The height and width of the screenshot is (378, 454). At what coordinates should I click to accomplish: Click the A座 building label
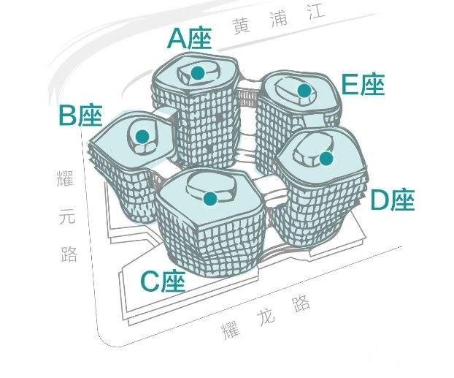190,39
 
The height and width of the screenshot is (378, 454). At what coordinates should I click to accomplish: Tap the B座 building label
80,116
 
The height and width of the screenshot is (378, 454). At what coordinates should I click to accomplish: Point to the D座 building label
393,200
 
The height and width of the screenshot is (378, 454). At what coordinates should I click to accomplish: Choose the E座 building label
363,84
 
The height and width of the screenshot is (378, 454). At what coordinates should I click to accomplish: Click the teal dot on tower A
198,72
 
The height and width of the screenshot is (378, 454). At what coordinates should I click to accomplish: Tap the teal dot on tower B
142,136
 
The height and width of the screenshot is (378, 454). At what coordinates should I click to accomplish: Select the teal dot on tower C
210,199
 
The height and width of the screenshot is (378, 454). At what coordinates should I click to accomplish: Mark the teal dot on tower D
326,159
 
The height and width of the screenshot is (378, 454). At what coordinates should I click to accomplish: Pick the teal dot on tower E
304,91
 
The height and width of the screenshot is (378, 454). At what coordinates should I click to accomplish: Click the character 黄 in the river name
242,27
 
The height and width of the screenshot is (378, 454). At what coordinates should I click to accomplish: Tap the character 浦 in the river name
279,19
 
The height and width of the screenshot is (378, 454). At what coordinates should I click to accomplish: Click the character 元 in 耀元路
67,216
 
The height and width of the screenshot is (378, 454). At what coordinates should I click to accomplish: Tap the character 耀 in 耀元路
65,178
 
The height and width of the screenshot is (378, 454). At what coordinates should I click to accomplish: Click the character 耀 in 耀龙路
231,329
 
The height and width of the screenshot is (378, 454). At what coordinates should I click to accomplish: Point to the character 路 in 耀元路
69,253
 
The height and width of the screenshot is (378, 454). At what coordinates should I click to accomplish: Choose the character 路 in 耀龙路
301,303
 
